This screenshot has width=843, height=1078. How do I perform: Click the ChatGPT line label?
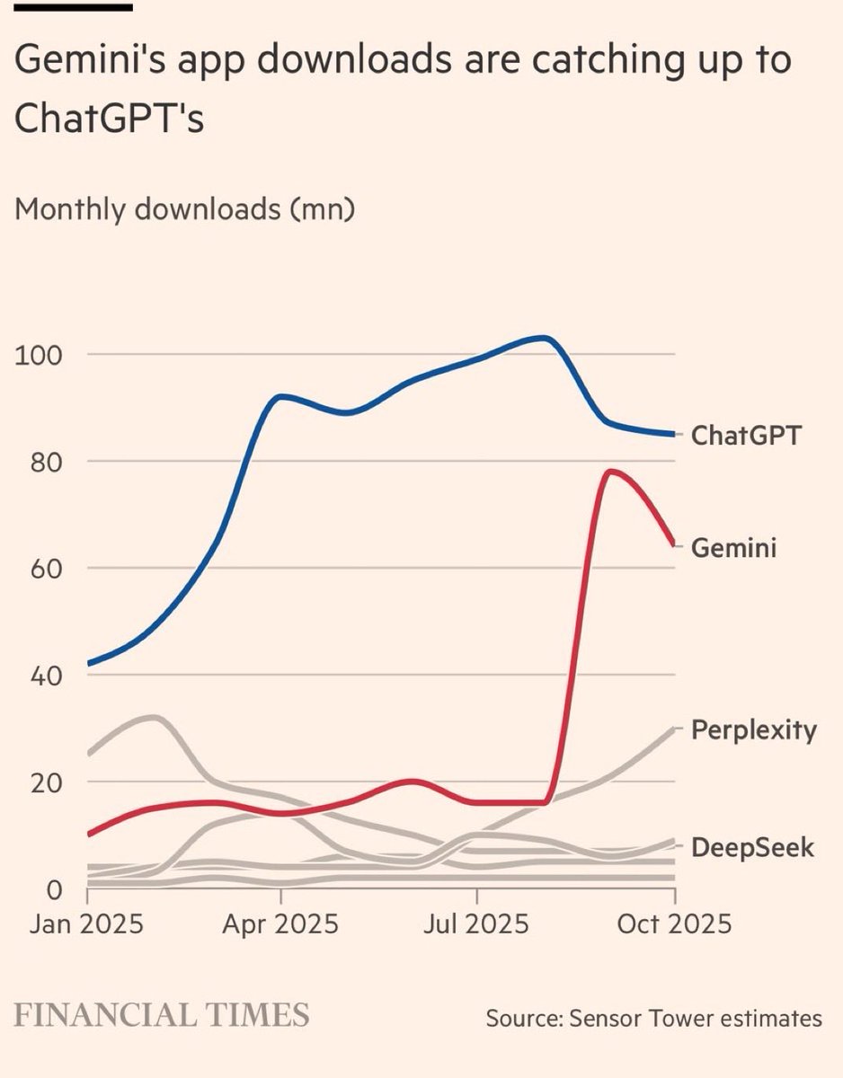pos(745,437)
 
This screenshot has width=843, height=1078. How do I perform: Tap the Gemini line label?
pos(733,547)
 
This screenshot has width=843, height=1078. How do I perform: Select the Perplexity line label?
pos(754,730)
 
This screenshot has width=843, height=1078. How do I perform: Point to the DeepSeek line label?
pos(752,847)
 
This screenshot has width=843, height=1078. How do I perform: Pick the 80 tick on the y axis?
pos(43,461)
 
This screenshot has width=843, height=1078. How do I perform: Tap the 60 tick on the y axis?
pos(43,568)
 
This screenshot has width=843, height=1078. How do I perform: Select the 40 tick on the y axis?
pos(43,675)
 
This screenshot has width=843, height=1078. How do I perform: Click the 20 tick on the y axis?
pos(43,782)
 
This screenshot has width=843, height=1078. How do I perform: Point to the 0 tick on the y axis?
pos(52,888)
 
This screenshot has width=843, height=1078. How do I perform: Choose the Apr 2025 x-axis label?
pos(280,924)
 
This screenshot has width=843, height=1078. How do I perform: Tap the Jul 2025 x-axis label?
pos(476,924)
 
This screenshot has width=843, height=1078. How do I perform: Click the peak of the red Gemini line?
pos(611,471)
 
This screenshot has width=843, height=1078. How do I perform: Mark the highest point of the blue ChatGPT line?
pos(543,338)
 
